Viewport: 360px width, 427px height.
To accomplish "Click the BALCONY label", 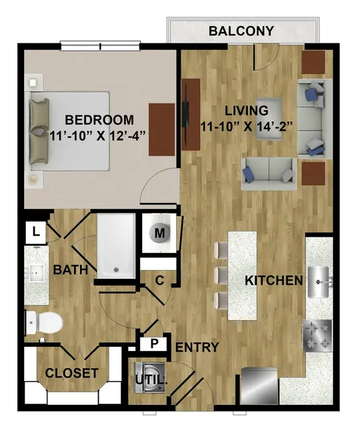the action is point(241,31).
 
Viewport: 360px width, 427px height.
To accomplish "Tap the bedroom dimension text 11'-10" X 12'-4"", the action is point(98,135).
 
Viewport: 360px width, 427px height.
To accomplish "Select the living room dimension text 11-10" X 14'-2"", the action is point(247,126).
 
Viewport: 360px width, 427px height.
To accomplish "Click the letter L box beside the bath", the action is point(35,233).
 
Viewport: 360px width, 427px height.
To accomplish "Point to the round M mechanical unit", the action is point(159,233).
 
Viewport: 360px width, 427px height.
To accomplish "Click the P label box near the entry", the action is point(154,344).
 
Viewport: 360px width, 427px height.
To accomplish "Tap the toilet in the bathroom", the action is point(44,323).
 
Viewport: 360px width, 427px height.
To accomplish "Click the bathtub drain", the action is point(116,270).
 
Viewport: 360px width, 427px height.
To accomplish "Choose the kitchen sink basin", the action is point(318,282).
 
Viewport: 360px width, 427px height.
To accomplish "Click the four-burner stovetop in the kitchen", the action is point(317,336).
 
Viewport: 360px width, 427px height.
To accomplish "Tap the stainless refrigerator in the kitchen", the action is point(259,386).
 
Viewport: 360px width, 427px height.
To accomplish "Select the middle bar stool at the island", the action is point(221,276).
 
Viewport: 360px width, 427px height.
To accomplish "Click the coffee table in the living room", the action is point(268,119).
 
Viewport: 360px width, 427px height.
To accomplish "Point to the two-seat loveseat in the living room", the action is point(269,173).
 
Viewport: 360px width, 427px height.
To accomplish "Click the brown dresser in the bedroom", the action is point(161,129).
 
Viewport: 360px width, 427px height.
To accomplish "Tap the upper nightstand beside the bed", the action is point(34,82).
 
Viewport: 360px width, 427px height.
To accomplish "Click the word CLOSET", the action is point(71,373).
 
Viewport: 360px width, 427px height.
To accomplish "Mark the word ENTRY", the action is point(197,347).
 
